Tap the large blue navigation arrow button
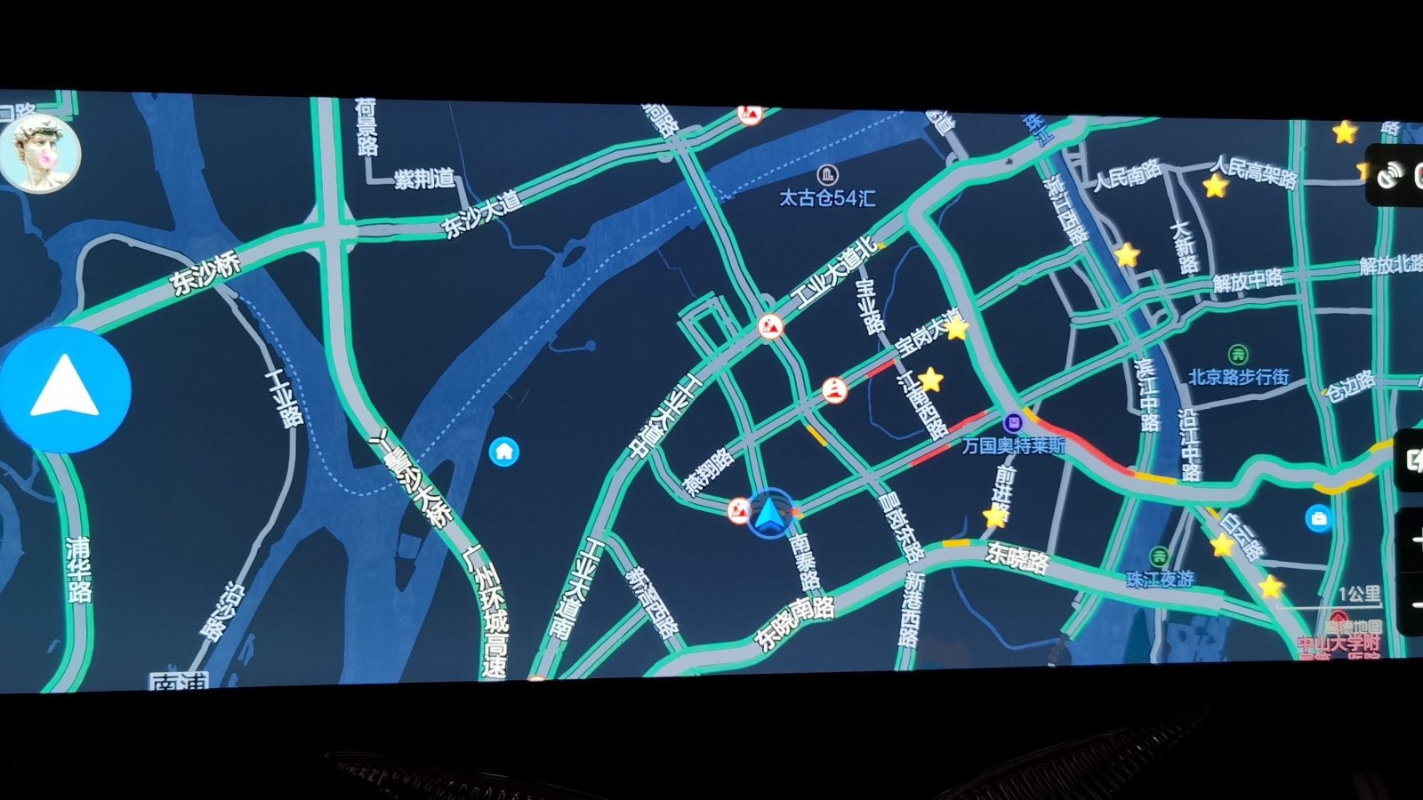[x=65, y=389]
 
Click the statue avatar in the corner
[x=41, y=153]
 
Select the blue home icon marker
[x=504, y=452]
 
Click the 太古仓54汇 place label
[x=827, y=197]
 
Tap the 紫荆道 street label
[x=424, y=179]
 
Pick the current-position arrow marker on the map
[x=769, y=514]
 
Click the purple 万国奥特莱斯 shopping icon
[x=1012, y=423]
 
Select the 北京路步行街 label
[x=1238, y=377]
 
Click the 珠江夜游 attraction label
[x=1160, y=579]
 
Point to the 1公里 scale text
[x=1359, y=594]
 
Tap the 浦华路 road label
[x=78, y=569]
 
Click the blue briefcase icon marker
[x=1318, y=518]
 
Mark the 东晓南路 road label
[x=794, y=622]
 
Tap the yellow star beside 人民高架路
[x=1215, y=187]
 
